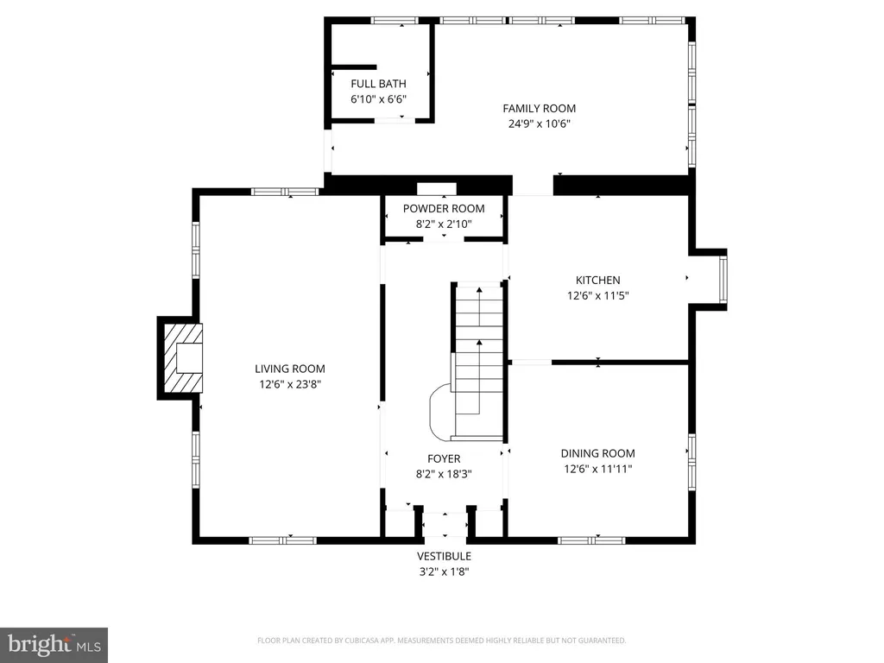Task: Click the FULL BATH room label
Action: (378, 84)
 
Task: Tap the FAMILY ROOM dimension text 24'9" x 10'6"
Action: (540, 124)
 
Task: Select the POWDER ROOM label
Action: (444, 209)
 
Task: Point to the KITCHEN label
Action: (597, 281)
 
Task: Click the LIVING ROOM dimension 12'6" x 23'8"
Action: (290, 384)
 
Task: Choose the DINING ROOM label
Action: (597, 453)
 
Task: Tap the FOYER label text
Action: (444, 459)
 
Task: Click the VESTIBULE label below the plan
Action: (445, 557)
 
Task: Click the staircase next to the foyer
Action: (479, 361)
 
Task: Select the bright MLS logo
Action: (54, 645)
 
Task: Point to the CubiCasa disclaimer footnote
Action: (441, 641)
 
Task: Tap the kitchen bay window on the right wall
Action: (723, 280)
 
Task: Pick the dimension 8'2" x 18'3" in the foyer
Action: (444, 474)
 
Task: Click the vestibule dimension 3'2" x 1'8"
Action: (445, 571)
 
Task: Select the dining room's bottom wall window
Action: (591, 540)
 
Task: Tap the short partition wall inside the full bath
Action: (353, 67)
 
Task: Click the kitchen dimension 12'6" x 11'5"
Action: (597, 295)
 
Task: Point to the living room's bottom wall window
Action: (283, 540)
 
